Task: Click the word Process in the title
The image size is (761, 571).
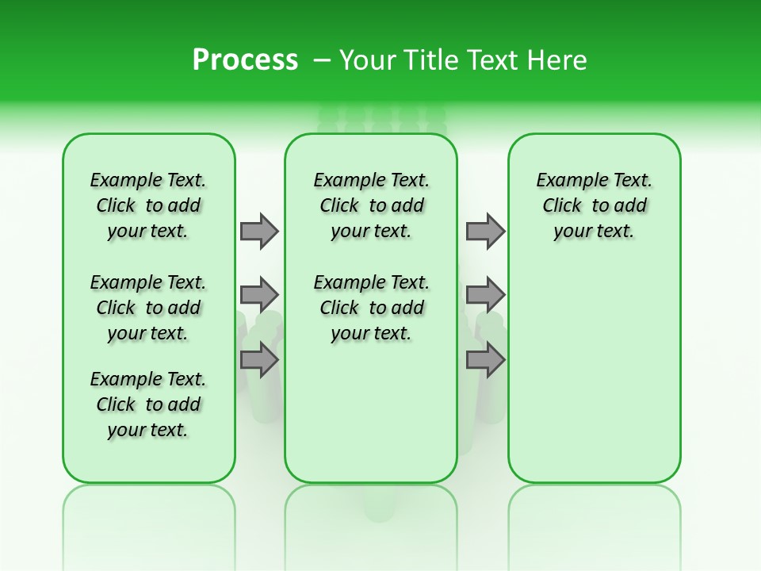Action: point(245,60)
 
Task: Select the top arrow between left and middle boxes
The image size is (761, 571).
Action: point(259,231)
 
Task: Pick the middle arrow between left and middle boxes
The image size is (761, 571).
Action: point(259,295)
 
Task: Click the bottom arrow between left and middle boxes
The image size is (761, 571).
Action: point(259,359)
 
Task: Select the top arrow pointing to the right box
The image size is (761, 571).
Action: point(485,231)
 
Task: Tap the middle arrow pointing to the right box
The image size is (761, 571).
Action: point(485,295)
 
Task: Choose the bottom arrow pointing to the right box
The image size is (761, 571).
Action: point(485,359)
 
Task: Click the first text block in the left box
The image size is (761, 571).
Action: point(148,205)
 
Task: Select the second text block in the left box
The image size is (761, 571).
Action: point(148,308)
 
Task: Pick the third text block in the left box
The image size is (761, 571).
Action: point(148,404)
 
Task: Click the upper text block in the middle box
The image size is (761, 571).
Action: point(371,205)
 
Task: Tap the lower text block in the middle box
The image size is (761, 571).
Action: point(371,308)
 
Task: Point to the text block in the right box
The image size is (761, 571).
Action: point(595,205)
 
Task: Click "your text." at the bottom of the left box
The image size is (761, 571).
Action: point(148,430)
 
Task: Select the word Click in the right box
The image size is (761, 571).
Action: point(562,206)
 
